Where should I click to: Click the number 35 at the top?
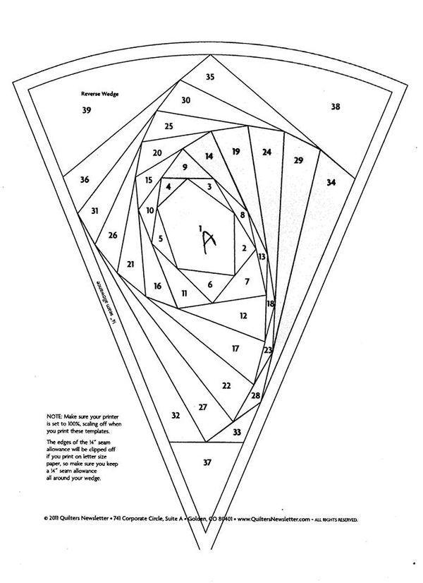[210, 77]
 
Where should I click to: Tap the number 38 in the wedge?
[336, 107]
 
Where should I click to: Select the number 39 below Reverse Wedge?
[87, 110]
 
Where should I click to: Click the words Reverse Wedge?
[100, 94]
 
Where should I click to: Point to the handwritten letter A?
[209, 242]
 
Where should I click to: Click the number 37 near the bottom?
[207, 462]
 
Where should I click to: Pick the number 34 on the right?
[331, 182]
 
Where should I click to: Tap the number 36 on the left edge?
[85, 179]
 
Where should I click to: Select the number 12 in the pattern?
[243, 315]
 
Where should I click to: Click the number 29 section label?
[298, 160]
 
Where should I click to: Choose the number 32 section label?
[176, 415]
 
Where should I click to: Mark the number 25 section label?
[168, 126]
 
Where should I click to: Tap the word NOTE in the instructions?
[54, 417]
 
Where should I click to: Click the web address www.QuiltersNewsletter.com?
[274, 519]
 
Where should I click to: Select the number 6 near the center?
[210, 285]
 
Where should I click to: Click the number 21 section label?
[130, 265]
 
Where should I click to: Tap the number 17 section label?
[235, 349]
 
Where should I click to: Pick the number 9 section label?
[185, 167]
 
